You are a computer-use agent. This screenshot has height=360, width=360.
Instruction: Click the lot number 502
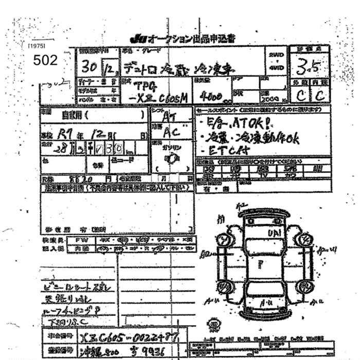[x=45, y=60]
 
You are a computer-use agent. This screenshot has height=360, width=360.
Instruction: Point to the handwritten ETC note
[x=227, y=150]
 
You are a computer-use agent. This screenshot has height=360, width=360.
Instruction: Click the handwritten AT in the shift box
[x=167, y=118]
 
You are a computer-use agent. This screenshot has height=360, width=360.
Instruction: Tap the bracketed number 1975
[x=37, y=46]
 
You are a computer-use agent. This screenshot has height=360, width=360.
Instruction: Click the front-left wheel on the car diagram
[x=223, y=240]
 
